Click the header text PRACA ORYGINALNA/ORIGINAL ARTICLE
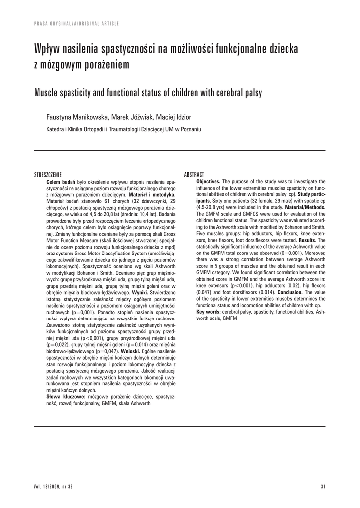click(x=76, y=23)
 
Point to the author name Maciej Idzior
click(x=173, y=117)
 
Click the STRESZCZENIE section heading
click(x=47, y=175)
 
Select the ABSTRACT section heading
click(x=194, y=175)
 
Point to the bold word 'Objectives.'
click(x=209, y=182)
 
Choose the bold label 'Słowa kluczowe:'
click(x=66, y=397)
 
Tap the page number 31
click(x=322, y=487)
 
